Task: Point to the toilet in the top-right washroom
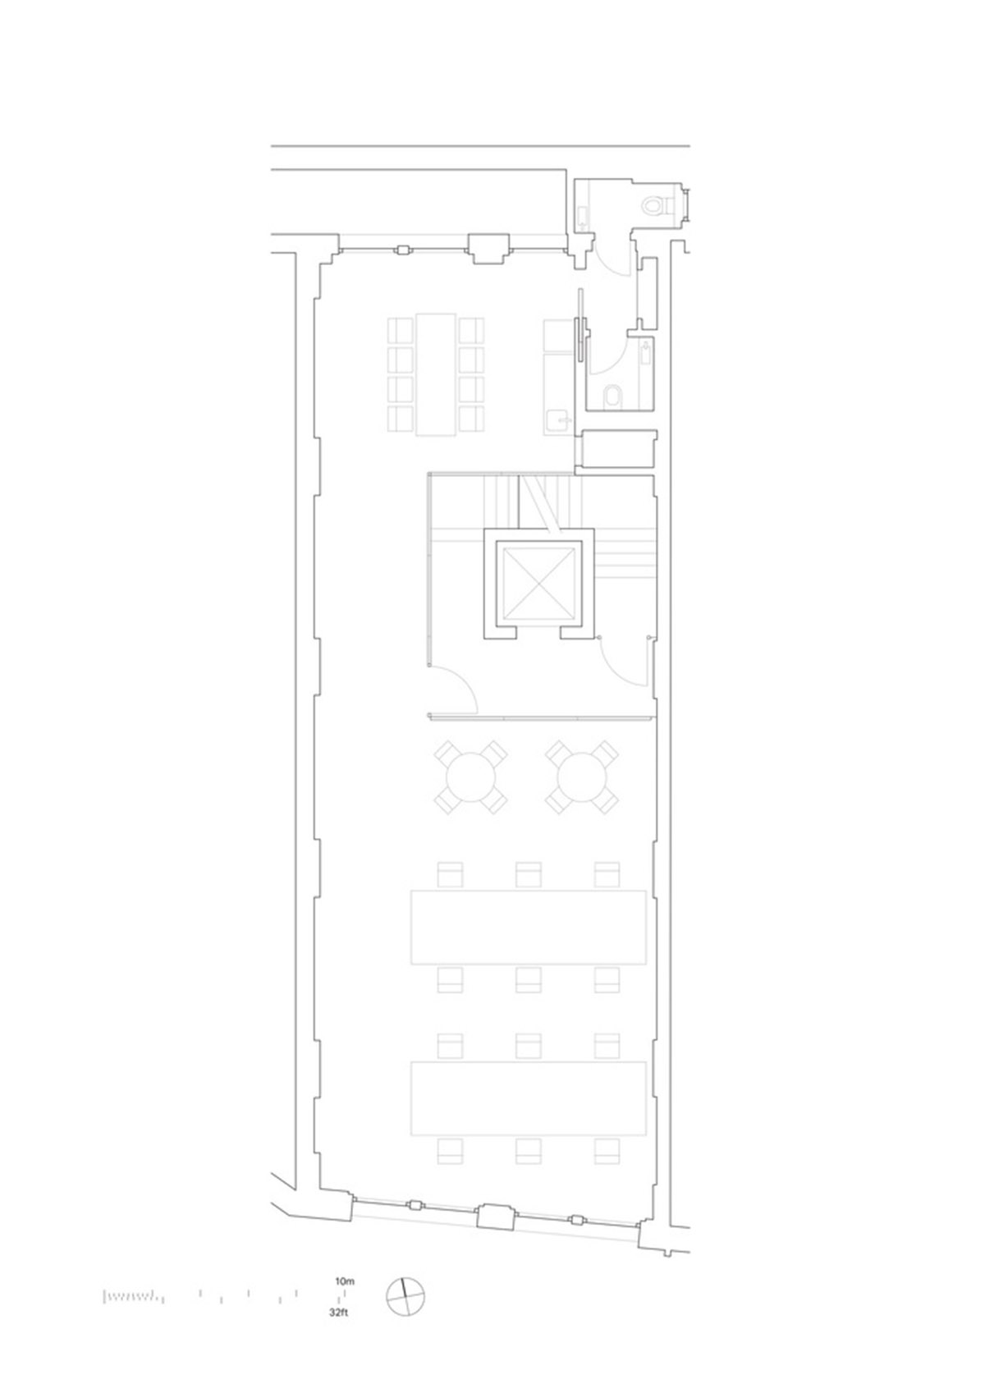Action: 653,204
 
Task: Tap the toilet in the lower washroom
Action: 612,396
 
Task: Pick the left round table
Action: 470,777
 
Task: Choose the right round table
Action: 582,777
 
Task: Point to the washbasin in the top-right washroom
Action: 583,215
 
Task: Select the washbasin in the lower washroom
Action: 646,353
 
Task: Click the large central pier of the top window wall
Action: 488,249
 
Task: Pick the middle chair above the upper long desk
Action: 528,874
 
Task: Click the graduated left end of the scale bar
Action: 130,1297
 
